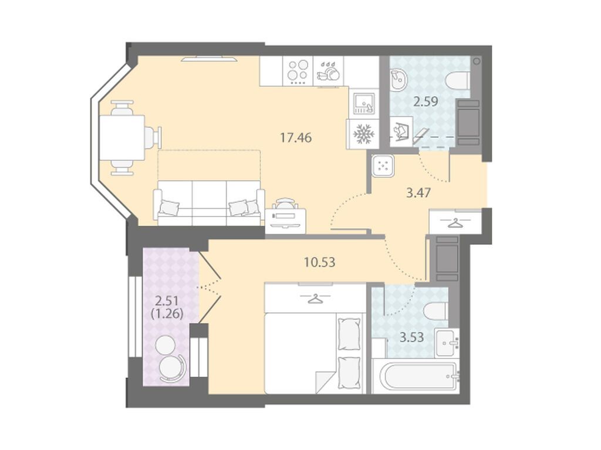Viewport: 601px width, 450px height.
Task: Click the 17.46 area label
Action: [296, 137]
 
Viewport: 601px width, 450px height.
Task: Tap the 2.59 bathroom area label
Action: [426, 101]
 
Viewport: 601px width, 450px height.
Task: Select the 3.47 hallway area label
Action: [418, 192]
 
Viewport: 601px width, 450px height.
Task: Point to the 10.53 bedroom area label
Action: [319, 262]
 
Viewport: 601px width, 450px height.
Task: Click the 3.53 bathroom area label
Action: [412, 337]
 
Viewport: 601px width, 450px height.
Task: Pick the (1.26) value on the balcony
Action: [167, 313]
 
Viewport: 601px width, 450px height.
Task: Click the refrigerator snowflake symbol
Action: [363, 134]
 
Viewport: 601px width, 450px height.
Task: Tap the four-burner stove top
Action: [298, 72]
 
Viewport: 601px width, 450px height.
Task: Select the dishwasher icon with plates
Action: [329, 72]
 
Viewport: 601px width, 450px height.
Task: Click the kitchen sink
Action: [364, 103]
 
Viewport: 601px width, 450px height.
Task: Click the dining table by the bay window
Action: [122, 138]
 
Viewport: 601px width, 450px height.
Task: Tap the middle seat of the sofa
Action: [209, 203]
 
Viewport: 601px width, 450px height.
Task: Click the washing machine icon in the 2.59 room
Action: [401, 131]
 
